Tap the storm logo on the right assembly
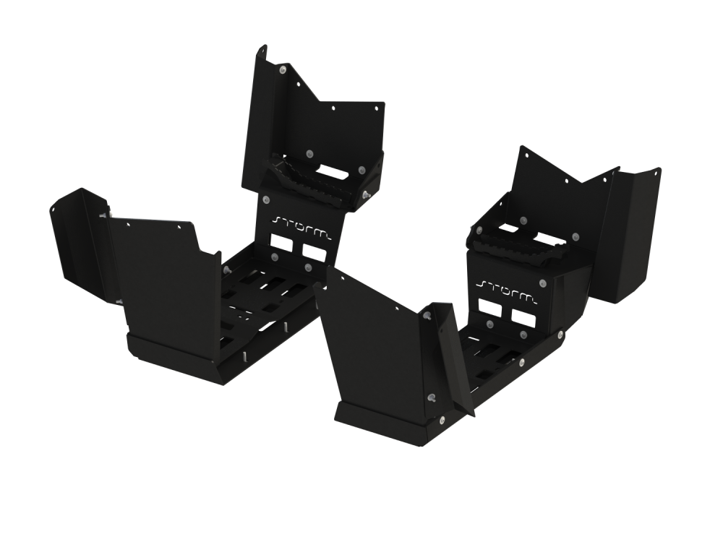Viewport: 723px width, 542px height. click(507, 290)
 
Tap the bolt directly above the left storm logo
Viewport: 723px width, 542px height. click(266, 199)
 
